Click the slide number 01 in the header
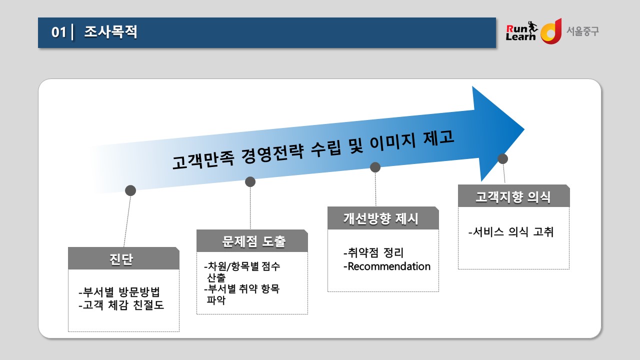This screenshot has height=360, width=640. (x=58, y=32)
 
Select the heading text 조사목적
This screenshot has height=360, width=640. (x=110, y=31)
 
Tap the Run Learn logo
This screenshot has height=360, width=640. (x=521, y=31)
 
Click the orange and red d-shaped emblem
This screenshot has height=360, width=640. (x=551, y=31)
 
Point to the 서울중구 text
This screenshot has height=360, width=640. (x=582, y=31)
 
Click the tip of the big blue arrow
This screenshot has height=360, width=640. (x=524, y=129)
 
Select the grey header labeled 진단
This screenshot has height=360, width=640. (x=123, y=258)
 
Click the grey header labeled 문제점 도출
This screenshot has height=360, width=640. (x=252, y=241)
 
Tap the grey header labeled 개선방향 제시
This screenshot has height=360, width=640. (x=383, y=218)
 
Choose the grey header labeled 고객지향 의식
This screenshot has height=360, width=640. (x=513, y=196)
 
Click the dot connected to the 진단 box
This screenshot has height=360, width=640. (x=130, y=190)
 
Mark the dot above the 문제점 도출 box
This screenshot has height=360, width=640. (x=250, y=181)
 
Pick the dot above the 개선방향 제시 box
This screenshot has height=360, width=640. (x=375, y=167)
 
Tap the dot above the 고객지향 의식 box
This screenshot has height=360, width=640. (x=503, y=159)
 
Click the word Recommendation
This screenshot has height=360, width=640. (x=389, y=266)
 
